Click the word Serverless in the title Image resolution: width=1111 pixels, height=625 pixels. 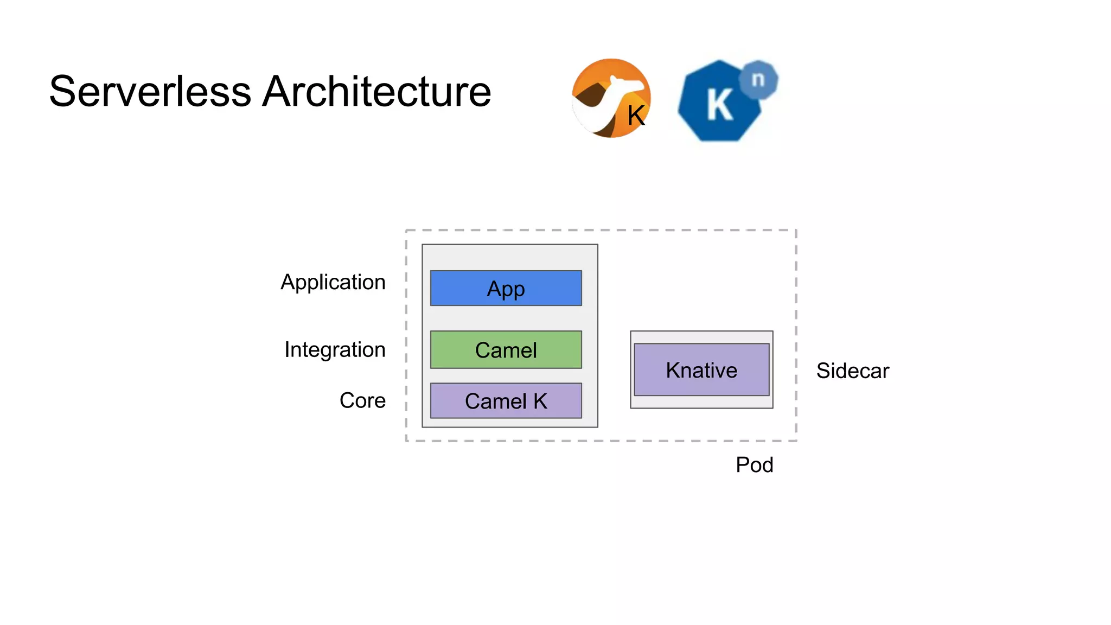click(150, 91)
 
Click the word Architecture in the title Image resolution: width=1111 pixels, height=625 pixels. click(376, 91)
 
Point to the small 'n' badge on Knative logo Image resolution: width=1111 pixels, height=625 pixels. click(758, 80)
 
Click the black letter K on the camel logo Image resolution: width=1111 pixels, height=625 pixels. click(636, 116)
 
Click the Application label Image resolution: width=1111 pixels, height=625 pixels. click(333, 282)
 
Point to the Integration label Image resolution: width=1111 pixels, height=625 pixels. click(335, 349)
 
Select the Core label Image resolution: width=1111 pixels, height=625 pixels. click(362, 400)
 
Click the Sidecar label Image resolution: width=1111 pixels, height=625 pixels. click(852, 371)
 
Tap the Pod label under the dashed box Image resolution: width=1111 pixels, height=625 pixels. click(754, 465)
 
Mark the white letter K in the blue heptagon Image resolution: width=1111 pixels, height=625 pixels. click(720, 105)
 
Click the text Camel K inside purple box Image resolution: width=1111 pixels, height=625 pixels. click(506, 401)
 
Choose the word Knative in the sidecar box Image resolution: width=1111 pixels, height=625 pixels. click(701, 371)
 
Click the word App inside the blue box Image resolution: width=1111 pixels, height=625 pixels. click(506, 289)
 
